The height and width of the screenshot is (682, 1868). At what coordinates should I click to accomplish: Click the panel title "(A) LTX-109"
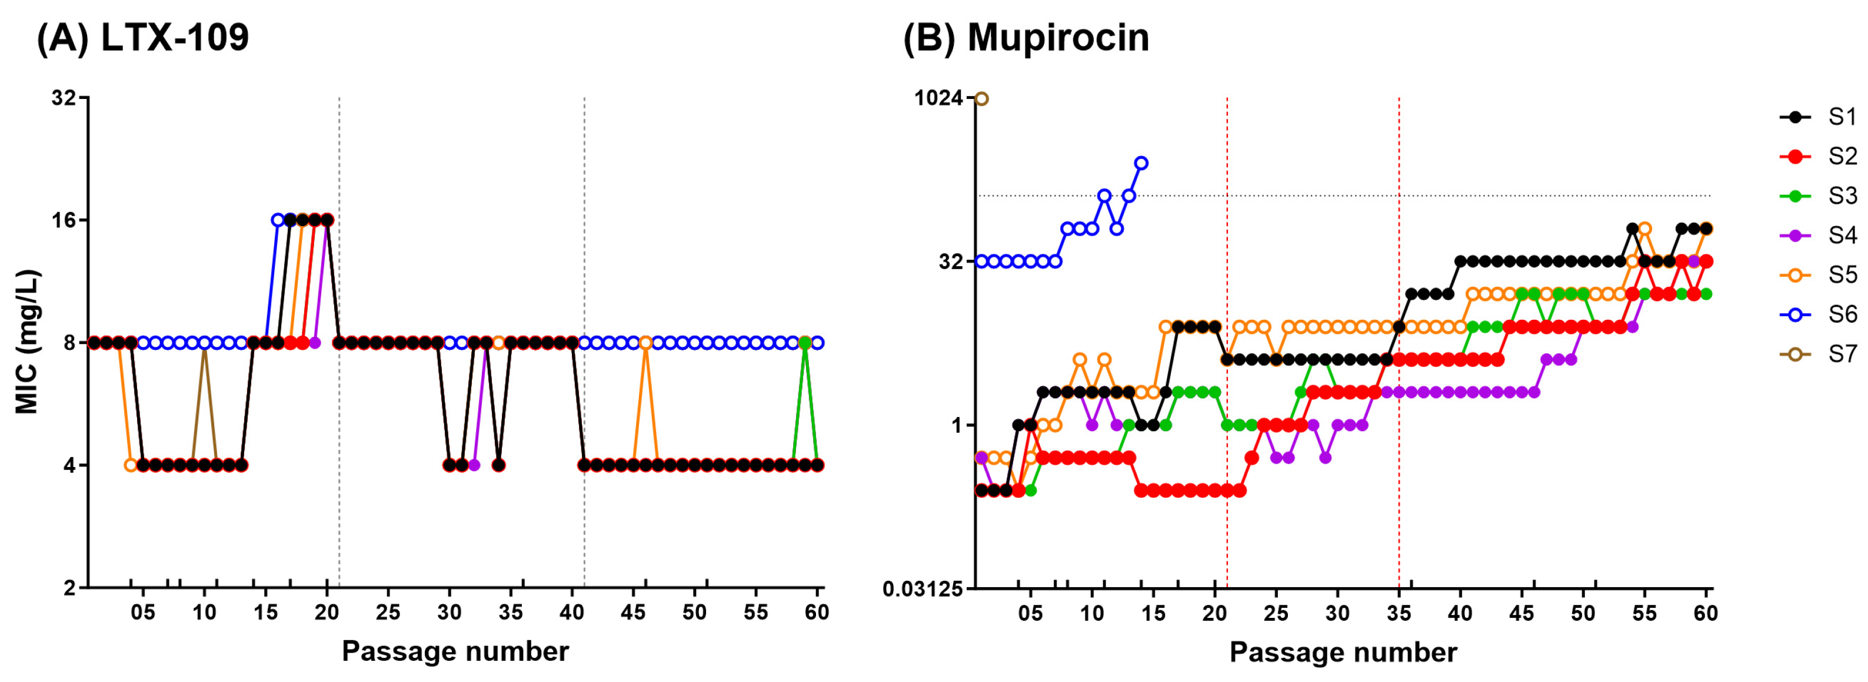[143, 37]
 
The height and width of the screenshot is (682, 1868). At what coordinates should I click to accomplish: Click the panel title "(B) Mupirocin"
[1025, 37]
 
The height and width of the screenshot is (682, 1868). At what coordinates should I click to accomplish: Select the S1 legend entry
[1820, 117]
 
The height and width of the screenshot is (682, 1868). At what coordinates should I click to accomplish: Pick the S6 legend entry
[1820, 314]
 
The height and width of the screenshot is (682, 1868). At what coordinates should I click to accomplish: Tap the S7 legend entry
[1820, 354]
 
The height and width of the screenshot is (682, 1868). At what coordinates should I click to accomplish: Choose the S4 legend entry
[1820, 235]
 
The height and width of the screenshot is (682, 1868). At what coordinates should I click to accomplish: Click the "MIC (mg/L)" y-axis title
[27, 342]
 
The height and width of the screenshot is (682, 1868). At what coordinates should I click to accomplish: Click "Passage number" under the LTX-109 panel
[455, 651]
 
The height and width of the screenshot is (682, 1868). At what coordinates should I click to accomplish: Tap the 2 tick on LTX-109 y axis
[69, 588]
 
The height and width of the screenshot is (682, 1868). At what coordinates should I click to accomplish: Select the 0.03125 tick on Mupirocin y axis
[923, 588]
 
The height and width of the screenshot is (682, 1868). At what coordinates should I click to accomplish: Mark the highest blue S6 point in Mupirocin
[1141, 163]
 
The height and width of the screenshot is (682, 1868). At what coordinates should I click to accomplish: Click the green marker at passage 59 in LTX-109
[804, 342]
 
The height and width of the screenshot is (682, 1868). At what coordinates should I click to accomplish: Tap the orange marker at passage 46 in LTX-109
[645, 342]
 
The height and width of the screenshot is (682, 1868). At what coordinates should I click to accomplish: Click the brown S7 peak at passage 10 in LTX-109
[205, 350]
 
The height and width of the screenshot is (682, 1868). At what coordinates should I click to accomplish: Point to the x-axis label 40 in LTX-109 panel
[572, 613]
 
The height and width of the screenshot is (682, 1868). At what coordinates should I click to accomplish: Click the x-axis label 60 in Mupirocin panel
[1706, 613]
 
